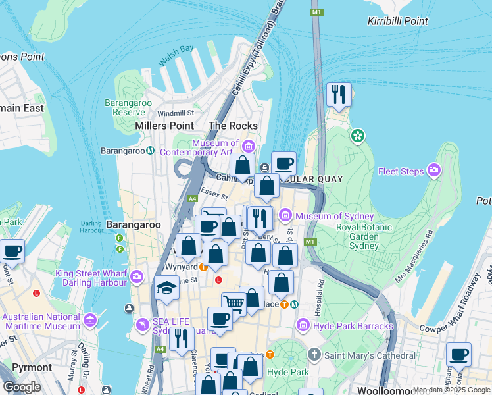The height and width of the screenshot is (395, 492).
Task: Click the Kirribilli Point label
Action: [398, 21]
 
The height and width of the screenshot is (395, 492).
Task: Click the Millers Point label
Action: [164, 125]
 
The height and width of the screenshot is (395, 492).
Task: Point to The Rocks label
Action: [232, 125]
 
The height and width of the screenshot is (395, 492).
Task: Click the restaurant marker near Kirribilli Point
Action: [339, 95]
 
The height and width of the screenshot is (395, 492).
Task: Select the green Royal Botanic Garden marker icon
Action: [357, 136]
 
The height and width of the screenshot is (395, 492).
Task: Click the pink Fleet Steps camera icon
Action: [433, 171]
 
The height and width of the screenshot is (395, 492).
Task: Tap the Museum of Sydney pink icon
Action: [285, 215]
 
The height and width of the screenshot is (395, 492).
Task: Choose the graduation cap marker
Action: [166, 288]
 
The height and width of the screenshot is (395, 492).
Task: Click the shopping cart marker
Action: [233, 303]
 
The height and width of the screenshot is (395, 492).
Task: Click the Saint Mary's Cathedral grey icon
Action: [314, 354]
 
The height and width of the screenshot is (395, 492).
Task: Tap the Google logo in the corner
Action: [22, 387]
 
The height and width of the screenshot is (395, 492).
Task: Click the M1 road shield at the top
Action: [318, 12]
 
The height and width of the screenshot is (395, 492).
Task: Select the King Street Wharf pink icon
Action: [136, 276]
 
